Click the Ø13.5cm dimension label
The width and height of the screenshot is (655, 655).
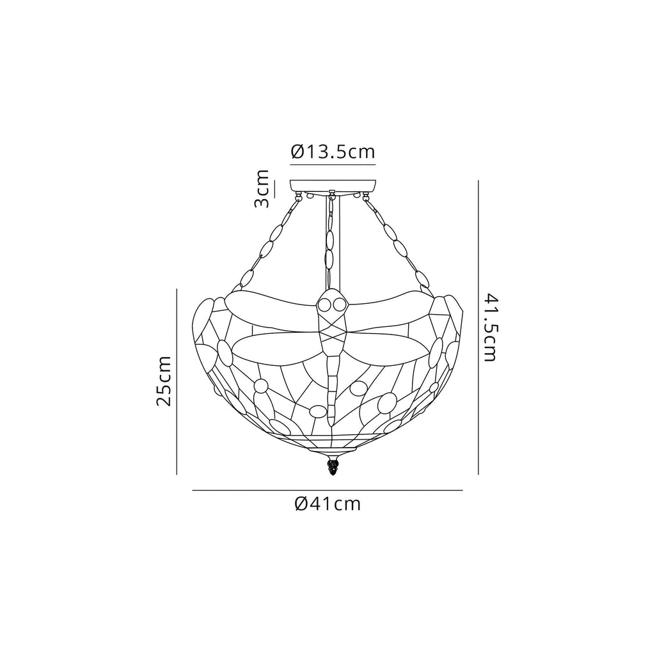tap(333, 152)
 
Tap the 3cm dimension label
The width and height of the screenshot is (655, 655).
tap(262, 189)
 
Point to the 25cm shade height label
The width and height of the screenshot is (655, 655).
tap(163, 381)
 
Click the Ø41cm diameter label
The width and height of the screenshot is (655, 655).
tap(327, 504)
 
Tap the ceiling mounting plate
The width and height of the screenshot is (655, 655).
tap(333, 187)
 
